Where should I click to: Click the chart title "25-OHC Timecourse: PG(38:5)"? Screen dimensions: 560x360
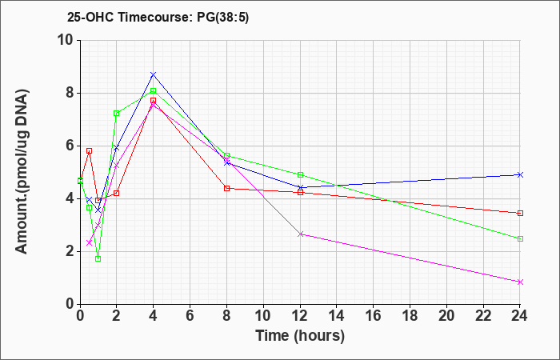pos(158,18)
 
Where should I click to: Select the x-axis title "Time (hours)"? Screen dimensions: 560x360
pos(300,336)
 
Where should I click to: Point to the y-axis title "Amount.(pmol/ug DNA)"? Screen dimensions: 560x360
pos(22,172)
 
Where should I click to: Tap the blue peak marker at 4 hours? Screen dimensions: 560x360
pos(154,74)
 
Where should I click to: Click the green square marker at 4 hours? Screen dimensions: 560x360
pos(154,90)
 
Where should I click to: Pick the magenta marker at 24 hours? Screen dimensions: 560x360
pos(520,282)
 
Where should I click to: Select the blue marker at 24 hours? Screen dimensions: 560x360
pos(520,174)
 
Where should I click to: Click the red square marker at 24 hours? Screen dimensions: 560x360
pos(520,214)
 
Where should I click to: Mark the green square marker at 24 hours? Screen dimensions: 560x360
pos(520,239)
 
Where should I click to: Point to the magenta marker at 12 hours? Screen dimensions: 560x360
pos(300,234)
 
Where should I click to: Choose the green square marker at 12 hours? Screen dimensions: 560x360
pos(300,175)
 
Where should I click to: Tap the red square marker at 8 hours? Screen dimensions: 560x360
pos(226,188)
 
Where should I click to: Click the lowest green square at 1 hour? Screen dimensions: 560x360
pos(98,259)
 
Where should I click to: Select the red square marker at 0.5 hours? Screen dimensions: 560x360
pos(90,150)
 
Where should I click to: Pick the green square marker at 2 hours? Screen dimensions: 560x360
pos(117,114)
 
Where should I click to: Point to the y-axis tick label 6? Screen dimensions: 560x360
pos(70,146)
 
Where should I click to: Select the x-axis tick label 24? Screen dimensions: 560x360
pos(520,316)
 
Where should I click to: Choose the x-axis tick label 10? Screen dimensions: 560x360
pos(263,316)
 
